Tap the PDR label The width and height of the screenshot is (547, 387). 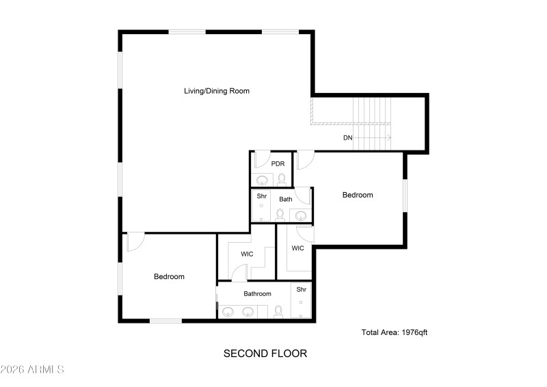[278, 164]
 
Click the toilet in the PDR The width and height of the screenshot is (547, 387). [281, 179]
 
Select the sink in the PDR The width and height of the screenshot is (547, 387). [263, 181]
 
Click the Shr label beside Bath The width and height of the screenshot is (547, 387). [261, 196]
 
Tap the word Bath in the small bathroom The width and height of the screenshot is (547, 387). [285, 199]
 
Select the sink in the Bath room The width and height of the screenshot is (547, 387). [301, 215]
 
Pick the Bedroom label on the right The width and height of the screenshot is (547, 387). [358, 195]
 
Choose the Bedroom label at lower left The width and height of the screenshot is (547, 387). [169, 277]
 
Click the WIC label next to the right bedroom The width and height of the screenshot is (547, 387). [298, 248]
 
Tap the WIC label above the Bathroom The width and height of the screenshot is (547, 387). [247, 254]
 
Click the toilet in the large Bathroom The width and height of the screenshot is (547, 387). [278, 312]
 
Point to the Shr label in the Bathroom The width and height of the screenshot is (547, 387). [302, 290]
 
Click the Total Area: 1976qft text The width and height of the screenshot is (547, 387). [395, 332]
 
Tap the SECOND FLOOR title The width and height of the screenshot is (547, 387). [265, 353]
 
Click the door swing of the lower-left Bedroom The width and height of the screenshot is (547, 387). [135, 241]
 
